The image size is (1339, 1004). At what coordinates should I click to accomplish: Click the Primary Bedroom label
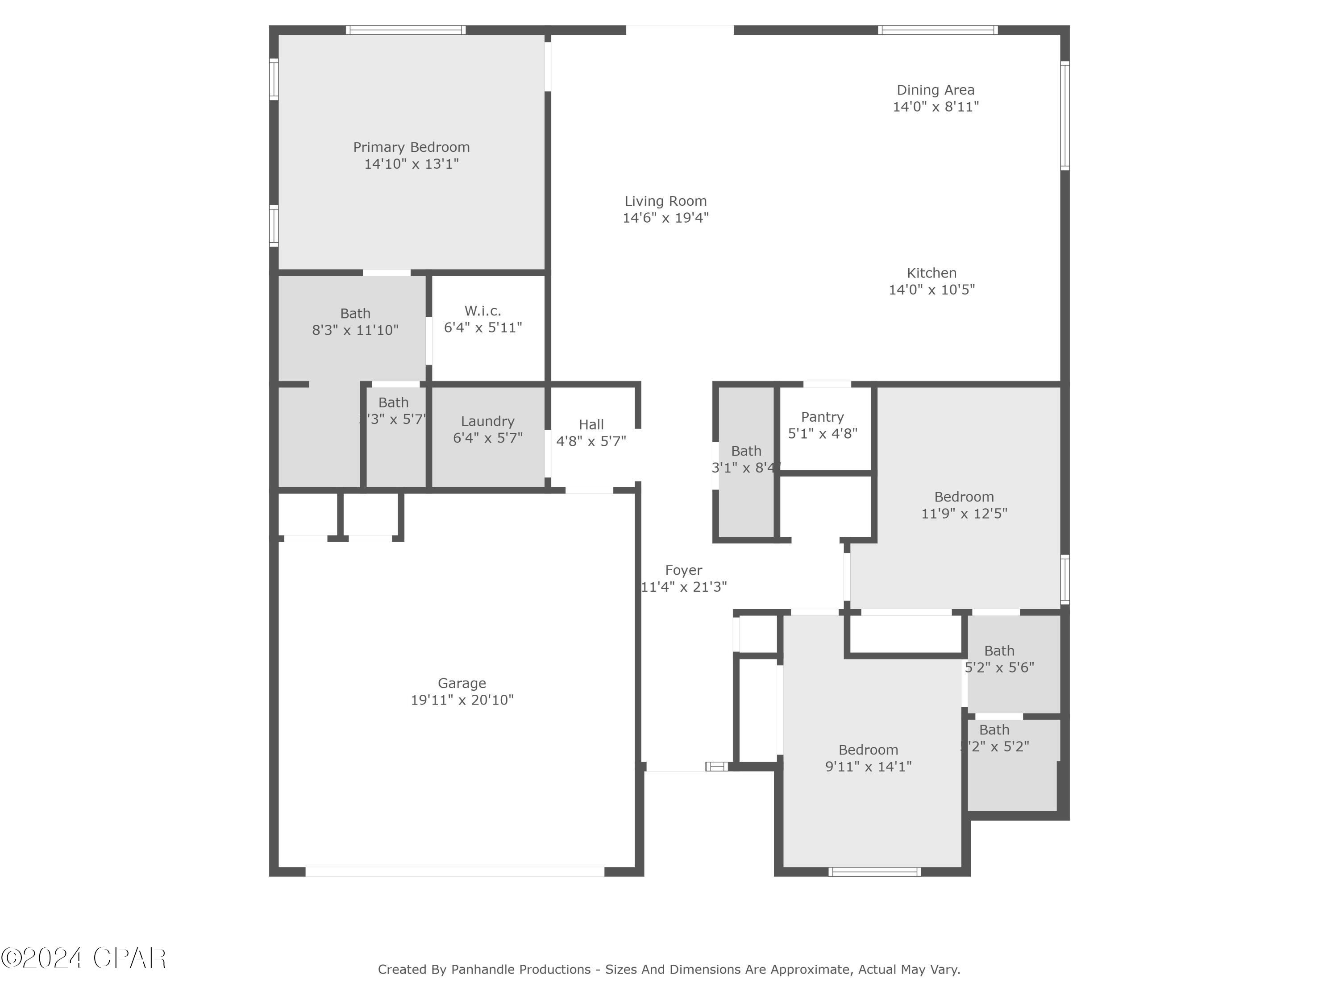[411, 147]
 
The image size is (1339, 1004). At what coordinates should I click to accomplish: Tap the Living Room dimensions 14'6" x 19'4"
[665, 218]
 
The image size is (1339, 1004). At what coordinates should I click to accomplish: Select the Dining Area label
[935, 90]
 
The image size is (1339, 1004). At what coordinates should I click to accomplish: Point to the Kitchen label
[931, 273]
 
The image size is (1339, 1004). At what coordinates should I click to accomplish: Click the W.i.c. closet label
[482, 311]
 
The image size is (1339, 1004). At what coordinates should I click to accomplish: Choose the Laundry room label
[487, 421]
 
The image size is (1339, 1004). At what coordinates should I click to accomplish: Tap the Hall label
[591, 425]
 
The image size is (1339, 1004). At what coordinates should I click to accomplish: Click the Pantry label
[822, 417]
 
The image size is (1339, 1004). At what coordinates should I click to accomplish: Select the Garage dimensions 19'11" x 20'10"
[462, 700]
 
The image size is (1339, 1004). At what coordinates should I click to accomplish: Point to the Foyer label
[683, 570]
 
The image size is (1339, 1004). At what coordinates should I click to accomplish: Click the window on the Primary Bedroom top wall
[406, 29]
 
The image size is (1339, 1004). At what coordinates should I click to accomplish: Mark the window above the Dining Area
[937, 29]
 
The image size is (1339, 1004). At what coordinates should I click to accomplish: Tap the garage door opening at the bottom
[455, 871]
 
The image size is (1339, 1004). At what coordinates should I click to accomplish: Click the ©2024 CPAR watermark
[83, 958]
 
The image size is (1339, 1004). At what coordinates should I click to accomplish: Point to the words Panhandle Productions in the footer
[520, 970]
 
